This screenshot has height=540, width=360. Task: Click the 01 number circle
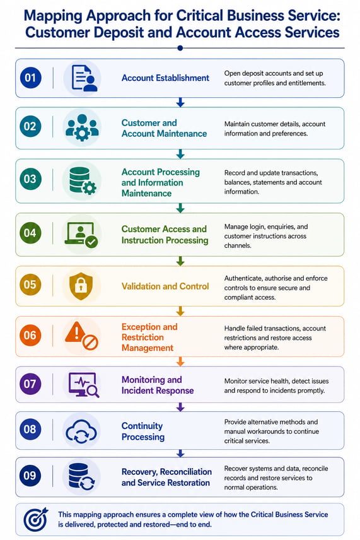coord(30,78)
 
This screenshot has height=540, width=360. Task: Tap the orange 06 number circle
coord(30,335)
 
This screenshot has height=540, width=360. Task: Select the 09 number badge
coord(30,476)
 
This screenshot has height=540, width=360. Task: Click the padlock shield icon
coord(81,286)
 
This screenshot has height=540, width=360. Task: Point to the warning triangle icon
coord(76,332)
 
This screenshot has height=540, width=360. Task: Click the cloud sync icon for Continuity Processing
coord(81,431)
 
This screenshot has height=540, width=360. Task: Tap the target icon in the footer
coord(35,519)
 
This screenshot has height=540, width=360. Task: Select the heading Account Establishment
coord(165,78)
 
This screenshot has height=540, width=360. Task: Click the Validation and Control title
coord(165,286)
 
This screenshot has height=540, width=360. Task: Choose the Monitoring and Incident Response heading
coord(158,385)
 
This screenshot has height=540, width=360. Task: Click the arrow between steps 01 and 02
coord(180,102)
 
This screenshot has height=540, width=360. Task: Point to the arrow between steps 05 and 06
coord(180,312)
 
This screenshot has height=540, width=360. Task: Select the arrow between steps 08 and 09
coord(180,453)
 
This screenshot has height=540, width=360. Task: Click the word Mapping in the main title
coord(54,16)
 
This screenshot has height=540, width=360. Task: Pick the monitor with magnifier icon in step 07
coord(84,385)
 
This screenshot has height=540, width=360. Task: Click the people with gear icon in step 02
coord(82,127)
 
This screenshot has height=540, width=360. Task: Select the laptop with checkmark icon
coord(81,235)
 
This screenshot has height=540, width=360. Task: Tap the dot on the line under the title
coord(180,48)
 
